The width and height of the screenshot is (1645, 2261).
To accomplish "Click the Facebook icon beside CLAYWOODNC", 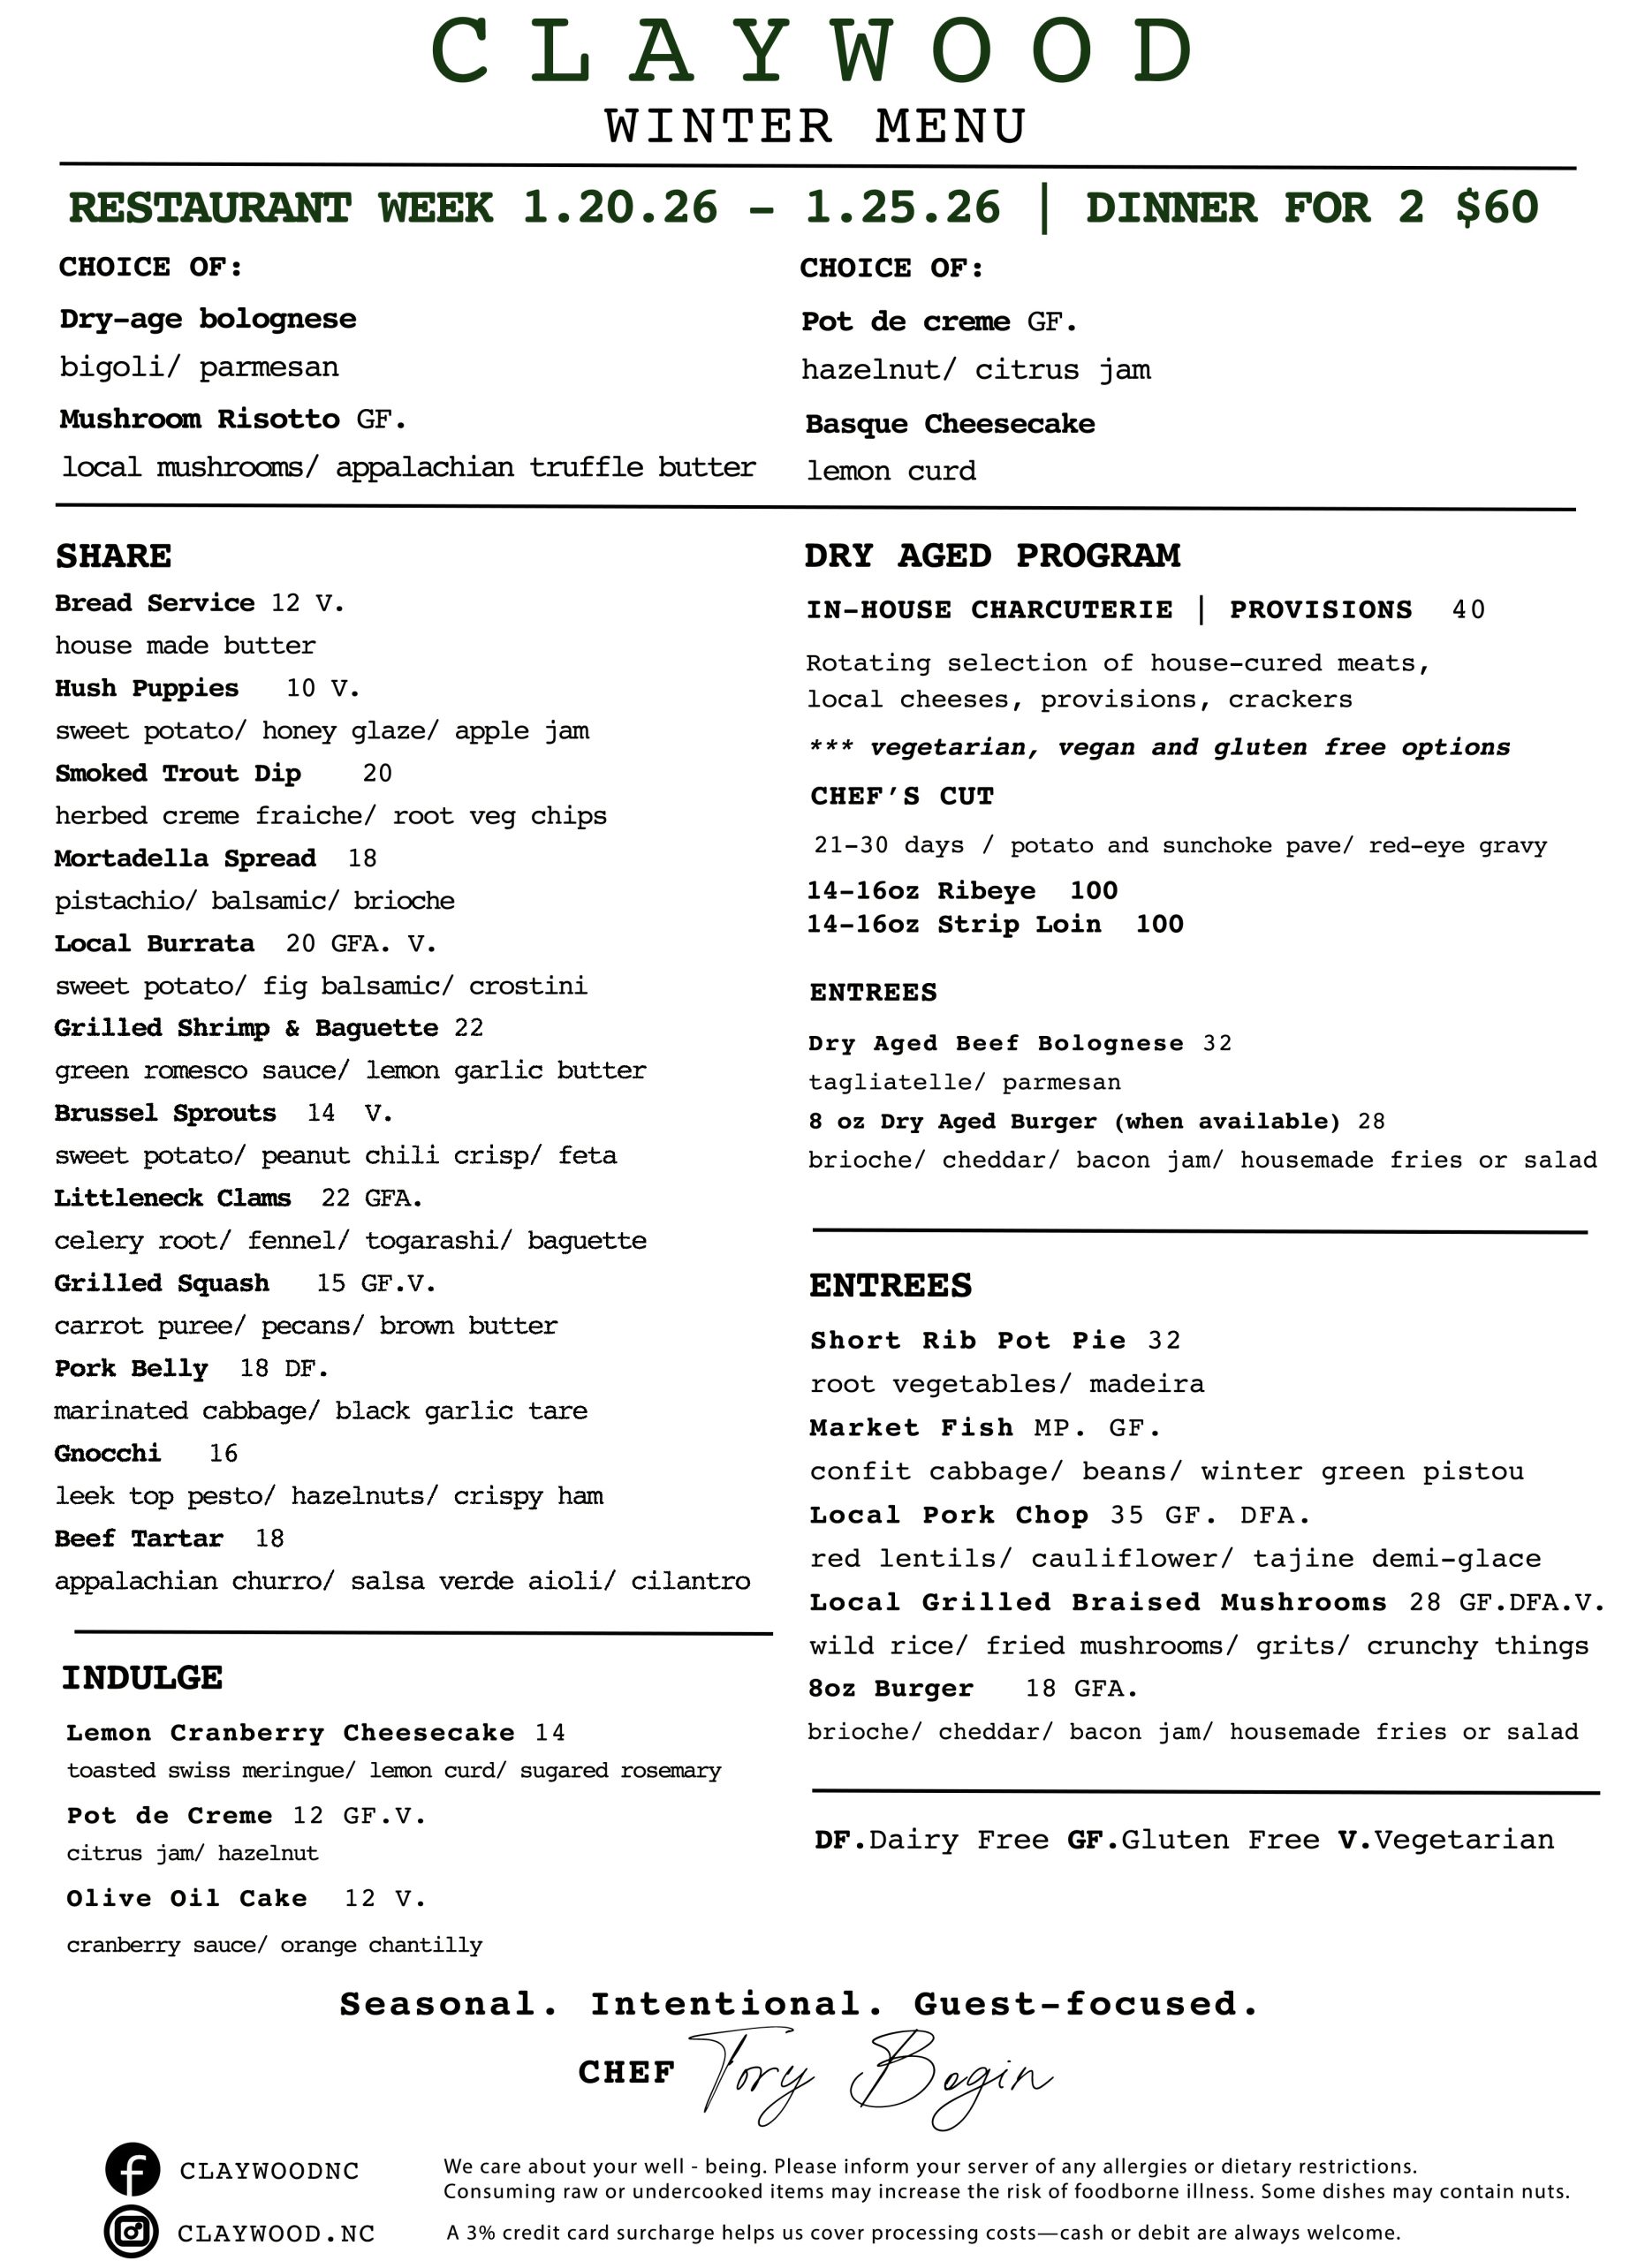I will pyautogui.click(x=133, y=2169).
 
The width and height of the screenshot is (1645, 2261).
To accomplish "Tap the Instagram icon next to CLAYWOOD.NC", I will pyautogui.click(x=132, y=2231).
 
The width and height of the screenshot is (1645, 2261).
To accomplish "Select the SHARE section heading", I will pyautogui.click(x=114, y=556).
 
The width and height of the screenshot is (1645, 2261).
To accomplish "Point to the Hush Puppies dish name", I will pyautogui.click(x=147, y=688).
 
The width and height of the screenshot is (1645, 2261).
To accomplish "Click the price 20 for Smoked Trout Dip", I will pyautogui.click(x=377, y=773).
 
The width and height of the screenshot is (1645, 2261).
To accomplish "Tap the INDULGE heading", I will pyautogui.click(x=141, y=1677).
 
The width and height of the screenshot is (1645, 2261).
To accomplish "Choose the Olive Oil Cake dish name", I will pyautogui.click(x=186, y=1898).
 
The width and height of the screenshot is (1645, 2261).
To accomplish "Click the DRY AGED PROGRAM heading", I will pyautogui.click(x=992, y=556).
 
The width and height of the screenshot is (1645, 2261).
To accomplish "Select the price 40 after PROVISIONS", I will pyautogui.click(x=1467, y=609).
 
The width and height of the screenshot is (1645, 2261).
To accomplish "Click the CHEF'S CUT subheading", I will pyautogui.click(x=901, y=796).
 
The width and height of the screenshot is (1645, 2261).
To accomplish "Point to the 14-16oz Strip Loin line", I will pyautogui.click(x=994, y=924).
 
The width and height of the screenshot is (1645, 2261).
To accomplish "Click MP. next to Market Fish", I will pyautogui.click(x=1057, y=1427).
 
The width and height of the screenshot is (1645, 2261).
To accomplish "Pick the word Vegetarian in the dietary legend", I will pyautogui.click(x=1462, y=1840).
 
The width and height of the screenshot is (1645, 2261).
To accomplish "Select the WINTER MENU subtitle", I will pyautogui.click(x=815, y=126).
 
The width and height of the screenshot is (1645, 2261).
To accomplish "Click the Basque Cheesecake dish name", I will pyautogui.click(x=949, y=424).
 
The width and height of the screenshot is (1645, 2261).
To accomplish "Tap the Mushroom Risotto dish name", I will pyautogui.click(x=200, y=419).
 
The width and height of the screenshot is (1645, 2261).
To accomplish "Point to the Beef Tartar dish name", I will pyautogui.click(x=139, y=1539).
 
